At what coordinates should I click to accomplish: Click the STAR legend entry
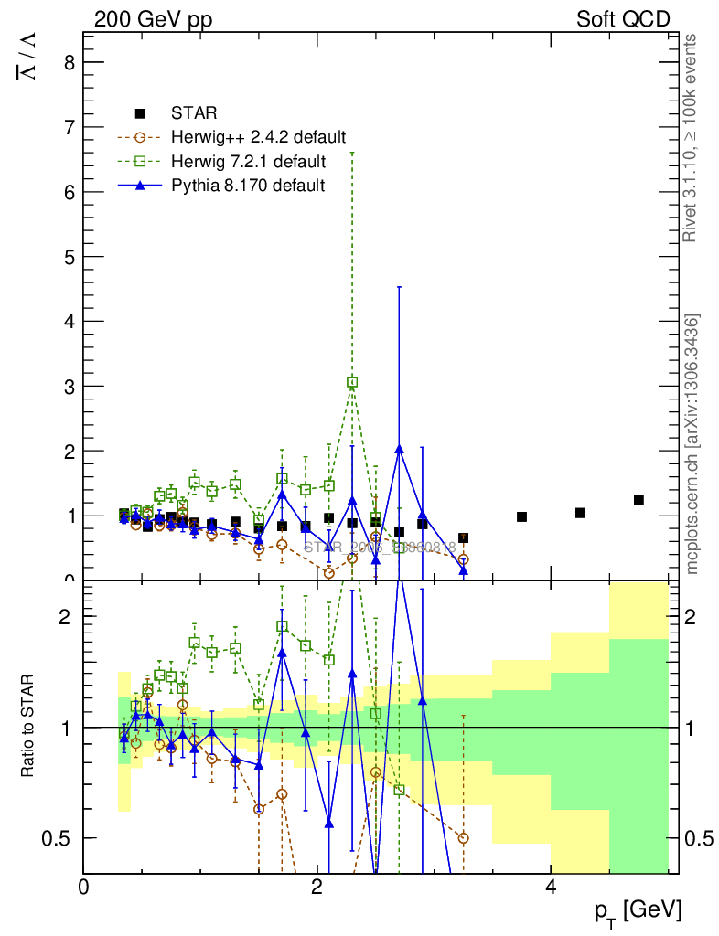click(194, 114)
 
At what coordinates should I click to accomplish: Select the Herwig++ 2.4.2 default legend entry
click(258, 138)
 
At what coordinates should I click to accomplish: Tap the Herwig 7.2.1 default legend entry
click(248, 162)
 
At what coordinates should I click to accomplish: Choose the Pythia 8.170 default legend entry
click(248, 186)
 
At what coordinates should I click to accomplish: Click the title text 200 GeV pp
click(153, 19)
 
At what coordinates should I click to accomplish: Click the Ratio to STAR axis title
click(28, 727)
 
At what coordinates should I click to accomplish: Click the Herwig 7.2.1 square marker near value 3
click(352, 382)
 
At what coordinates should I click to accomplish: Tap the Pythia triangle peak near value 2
click(399, 449)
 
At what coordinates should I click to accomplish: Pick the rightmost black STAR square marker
click(639, 500)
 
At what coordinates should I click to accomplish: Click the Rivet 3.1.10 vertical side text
click(691, 137)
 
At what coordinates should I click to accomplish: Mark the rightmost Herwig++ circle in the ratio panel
click(463, 838)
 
